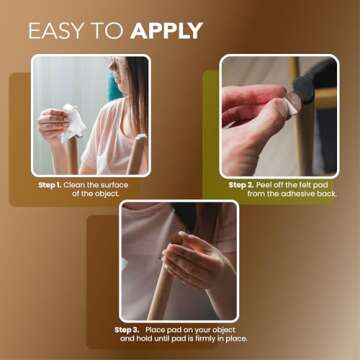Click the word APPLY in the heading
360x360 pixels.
[x=166, y=30]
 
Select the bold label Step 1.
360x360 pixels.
[x=51, y=185]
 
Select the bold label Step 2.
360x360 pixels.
[x=242, y=185]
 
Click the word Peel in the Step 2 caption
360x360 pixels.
[x=267, y=185]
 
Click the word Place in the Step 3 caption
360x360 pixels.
[x=161, y=329]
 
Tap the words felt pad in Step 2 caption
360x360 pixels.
[x=310, y=185]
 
